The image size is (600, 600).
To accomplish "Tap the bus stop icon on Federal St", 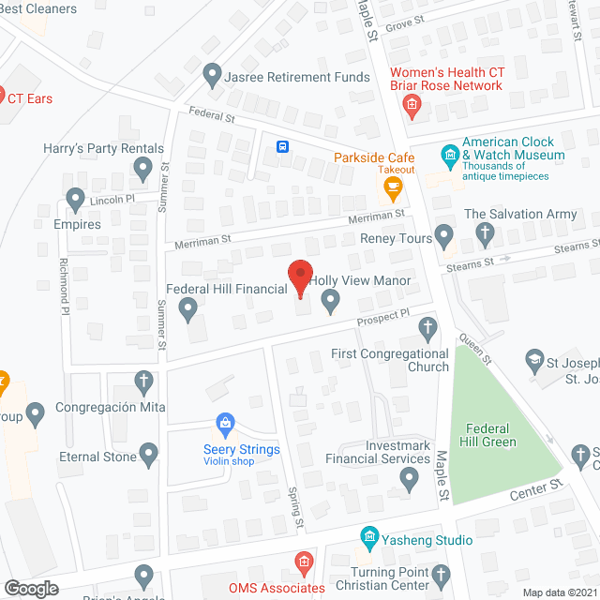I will [x=282, y=146].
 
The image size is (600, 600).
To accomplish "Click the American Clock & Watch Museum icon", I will [x=450, y=154].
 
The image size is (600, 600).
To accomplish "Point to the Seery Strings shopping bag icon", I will [x=225, y=424].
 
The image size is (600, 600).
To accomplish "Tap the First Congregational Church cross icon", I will [x=427, y=328].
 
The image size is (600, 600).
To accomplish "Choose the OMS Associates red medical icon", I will [x=302, y=563].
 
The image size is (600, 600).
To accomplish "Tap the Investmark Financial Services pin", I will [x=408, y=479].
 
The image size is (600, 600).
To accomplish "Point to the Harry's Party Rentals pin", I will [x=142, y=170].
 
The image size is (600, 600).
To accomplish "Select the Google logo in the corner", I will [x=30, y=588].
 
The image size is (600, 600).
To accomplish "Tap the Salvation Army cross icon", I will [x=485, y=232].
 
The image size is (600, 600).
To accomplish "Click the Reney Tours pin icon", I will [x=445, y=234].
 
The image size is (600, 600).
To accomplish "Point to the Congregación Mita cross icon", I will [x=142, y=382].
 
